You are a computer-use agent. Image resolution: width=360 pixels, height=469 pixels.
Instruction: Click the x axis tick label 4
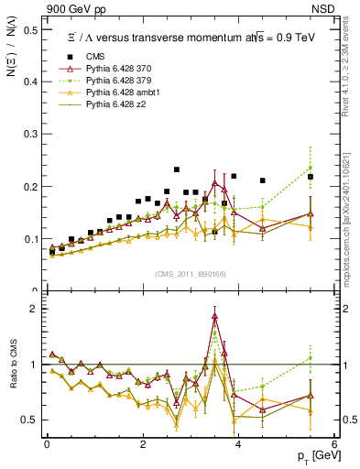pyautogui.click(x=238, y=445)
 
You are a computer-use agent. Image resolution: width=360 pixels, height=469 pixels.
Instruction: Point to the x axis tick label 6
pyautogui.click(x=333, y=445)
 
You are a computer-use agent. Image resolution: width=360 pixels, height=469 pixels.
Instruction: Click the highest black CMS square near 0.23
pyautogui.click(x=177, y=169)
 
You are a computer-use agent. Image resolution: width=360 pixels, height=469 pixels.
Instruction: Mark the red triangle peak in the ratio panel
pyautogui.click(x=214, y=317)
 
